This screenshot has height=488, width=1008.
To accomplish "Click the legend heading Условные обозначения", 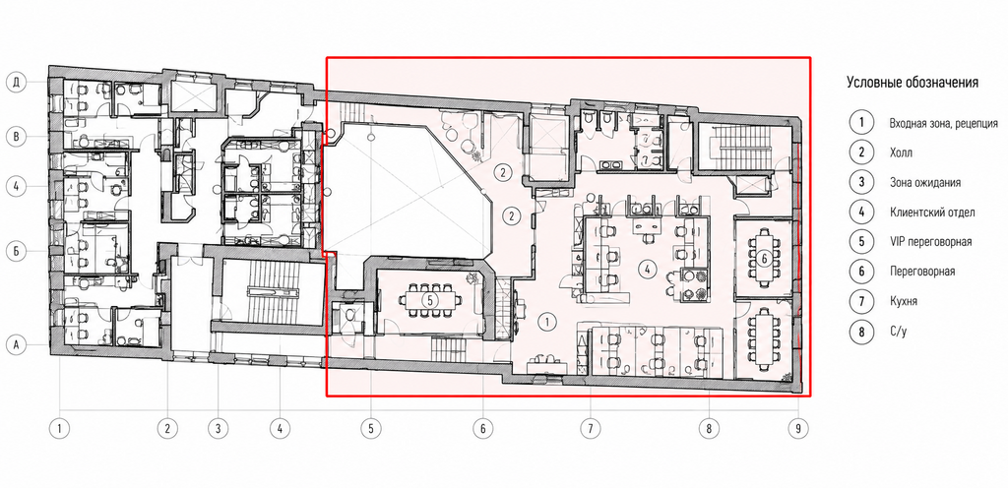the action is coord(913,83).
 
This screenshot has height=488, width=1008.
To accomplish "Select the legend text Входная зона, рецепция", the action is coord(943,123).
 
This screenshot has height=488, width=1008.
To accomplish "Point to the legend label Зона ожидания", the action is coord(925,182).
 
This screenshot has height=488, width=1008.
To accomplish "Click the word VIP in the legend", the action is coord(898,242).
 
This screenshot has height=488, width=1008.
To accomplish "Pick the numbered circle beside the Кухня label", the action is coord(861,301).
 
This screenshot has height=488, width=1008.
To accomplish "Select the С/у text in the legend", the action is coord(898,331).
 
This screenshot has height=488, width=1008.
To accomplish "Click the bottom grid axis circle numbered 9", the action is coord(797,428).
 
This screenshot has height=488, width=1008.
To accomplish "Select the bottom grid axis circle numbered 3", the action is coord(218,428).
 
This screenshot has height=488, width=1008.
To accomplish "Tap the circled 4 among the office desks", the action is coord(646,270).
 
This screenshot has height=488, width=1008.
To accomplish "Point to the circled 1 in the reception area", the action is coord(546,322).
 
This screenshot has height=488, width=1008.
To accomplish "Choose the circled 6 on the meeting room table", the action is coord(764,259).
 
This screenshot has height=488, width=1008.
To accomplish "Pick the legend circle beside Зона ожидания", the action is coord(861,182).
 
